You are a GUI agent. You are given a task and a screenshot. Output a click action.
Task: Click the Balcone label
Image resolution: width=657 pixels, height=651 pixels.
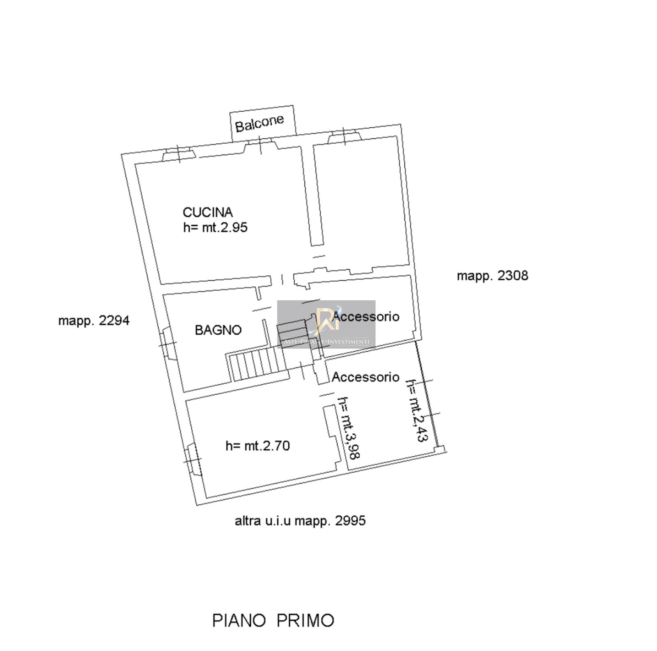260,122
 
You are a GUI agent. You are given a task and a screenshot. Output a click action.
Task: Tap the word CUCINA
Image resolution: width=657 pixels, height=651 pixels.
207,212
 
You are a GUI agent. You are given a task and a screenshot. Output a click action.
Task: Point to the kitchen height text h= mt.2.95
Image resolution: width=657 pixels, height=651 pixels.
215,227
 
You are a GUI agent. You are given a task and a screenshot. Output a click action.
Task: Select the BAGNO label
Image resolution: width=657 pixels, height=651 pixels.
218,330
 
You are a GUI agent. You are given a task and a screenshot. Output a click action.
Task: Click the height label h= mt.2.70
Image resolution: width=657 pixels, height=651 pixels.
258,446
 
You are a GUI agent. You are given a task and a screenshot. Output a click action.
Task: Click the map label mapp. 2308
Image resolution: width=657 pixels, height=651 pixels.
492,275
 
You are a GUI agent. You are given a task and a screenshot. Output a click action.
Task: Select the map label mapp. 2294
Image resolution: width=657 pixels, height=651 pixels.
94,320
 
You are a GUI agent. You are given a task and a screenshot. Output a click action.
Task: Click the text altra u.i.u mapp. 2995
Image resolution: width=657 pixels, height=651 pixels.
300,521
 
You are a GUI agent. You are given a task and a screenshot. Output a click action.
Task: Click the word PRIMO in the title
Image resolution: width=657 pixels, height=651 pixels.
304,620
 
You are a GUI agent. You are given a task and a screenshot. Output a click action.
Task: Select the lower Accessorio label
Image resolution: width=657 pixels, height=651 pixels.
365,377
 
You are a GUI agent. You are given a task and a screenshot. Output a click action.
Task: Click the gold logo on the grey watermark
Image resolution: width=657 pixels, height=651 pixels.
326,319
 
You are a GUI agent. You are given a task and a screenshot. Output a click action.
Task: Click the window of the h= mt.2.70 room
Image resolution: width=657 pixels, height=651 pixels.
193,460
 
